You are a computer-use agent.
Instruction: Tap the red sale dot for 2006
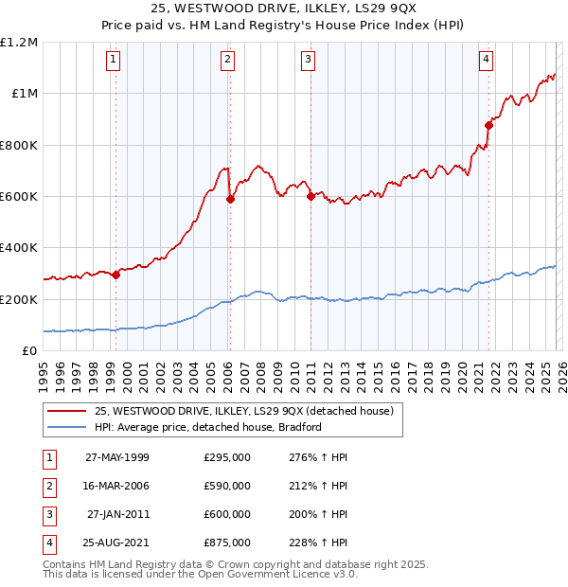tap(230, 199)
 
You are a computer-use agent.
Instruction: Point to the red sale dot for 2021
tap(488, 125)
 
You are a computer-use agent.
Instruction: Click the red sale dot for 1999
tap(115, 275)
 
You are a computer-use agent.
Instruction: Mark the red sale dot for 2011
tap(311, 197)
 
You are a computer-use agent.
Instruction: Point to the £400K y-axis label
tap(19, 248)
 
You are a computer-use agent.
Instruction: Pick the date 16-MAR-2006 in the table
tap(117, 486)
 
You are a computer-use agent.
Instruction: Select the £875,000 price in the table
tap(227, 543)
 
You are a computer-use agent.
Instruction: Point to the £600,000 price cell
tap(227, 514)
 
